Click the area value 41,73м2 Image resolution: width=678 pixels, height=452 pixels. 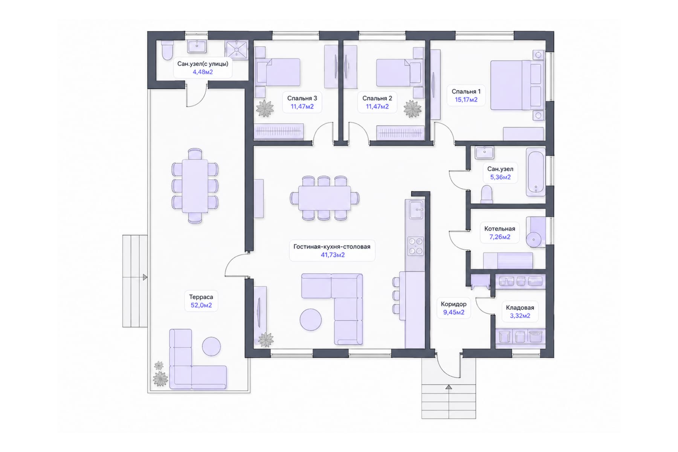pos(333,255)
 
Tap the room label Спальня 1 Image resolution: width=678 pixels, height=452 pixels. pos(466,92)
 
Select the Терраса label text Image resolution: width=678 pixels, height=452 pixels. pos(201,297)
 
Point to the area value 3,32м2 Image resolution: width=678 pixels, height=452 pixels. pos(520,316)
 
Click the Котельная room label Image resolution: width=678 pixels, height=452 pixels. pos(499,229)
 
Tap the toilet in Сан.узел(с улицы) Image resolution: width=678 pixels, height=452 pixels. pos(167,50)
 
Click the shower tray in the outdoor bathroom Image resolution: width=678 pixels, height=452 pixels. pos(237,50)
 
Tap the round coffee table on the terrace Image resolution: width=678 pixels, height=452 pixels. pos(211,346)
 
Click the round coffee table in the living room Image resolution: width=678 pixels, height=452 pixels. pos(311,320)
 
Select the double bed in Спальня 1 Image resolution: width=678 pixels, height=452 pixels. pos(516,86)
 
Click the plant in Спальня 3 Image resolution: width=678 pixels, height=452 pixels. pos(265,108)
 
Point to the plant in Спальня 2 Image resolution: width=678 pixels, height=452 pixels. pos(412,109)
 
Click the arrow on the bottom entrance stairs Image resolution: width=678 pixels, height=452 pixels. pos(448,387)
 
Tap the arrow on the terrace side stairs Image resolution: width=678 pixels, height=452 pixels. pos(145,278)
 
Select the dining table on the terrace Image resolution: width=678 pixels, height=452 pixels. pos(195,186)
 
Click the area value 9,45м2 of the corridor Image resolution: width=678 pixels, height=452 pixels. pos(454,312)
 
